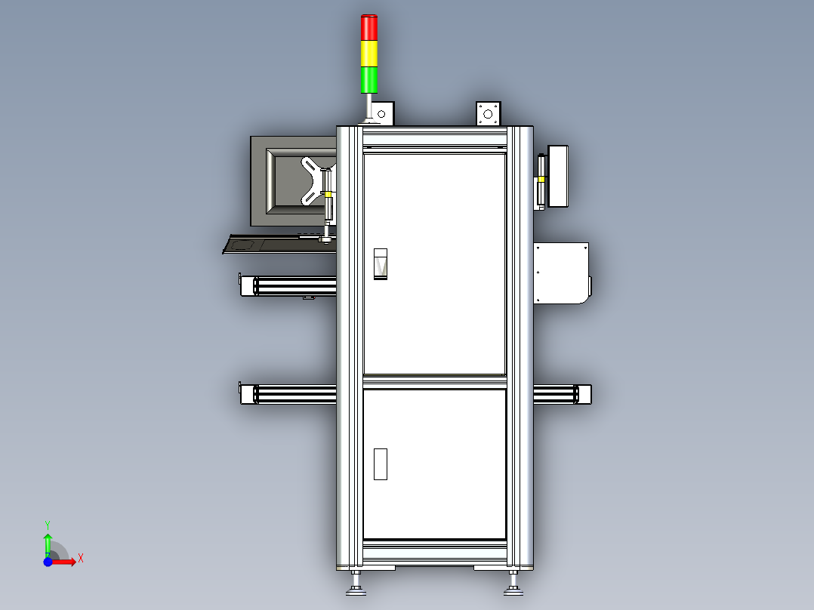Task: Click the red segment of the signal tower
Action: coord(369,28)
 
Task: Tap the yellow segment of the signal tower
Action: coord(369,54)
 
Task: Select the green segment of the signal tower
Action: coord(369,79)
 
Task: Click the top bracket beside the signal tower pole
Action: coord(382,114)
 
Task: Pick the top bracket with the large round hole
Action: coord(489,114)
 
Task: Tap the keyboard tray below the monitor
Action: coord(279,244)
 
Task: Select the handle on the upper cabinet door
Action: coord(381,263)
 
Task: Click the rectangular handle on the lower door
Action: coord(381,464)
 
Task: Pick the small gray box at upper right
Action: coord(560,175)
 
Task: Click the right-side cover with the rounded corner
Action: coord(562,273)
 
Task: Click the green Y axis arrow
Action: coord(48,542)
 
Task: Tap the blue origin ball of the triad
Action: coord(48,562)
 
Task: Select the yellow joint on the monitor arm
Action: coord(328,194)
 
